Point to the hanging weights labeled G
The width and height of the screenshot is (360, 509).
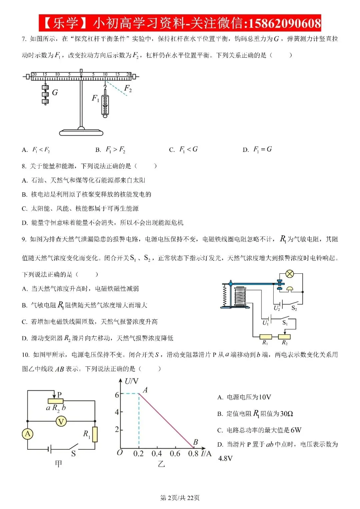coord(45,94)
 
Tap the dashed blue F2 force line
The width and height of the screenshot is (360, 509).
coord(116,88)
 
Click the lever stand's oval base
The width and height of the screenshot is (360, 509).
coord(81,132)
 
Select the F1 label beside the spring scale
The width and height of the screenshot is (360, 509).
coord(95,98)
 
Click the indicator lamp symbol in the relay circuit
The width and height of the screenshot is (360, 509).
coord(289,274)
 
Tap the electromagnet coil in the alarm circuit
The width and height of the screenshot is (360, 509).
coord(240,296)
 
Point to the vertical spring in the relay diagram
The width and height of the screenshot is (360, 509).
coord(225,296)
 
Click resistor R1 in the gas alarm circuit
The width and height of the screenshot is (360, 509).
coord(265,337)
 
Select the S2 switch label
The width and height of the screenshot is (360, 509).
coord(294,308)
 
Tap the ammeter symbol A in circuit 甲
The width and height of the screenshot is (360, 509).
coord(27,434)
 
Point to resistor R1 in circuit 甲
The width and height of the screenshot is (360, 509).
coord(95,434)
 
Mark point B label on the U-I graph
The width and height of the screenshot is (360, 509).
coord(195,442)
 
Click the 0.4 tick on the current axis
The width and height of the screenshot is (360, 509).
coord(157,454)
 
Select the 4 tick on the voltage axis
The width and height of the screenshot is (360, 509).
coord(117,412)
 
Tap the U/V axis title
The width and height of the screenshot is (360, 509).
coord(131,381)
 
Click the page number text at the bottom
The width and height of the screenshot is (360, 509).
coord(180,498)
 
